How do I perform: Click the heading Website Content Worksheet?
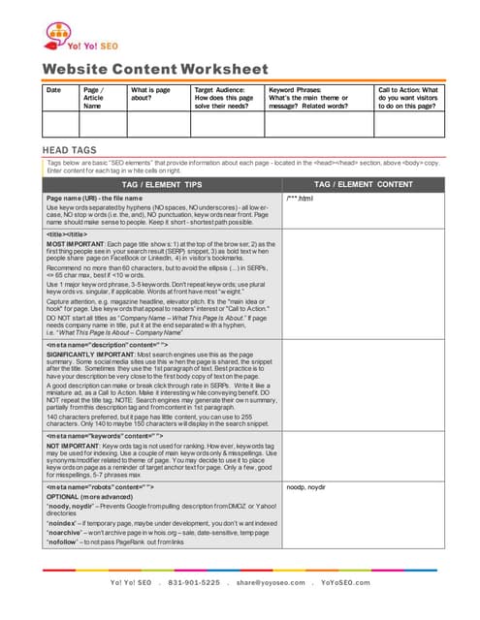tap(155, 69)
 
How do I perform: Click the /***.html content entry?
tap(301, 199)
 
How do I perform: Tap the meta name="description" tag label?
tap(107, 344)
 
